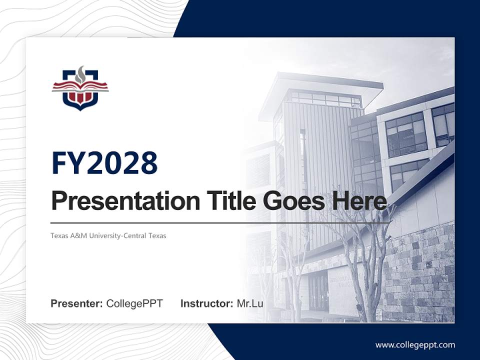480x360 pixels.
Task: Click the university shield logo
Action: point(80,89)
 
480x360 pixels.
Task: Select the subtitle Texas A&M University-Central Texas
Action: point(108,235)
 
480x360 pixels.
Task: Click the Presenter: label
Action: point(77,303)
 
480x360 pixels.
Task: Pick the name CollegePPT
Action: point(134,303)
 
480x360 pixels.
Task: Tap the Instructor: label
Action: point(206,303)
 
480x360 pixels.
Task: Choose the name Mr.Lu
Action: point(250,303)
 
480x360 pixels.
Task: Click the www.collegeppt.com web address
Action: point(415,344)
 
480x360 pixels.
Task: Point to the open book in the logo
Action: point(80,88)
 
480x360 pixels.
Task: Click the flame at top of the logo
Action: point(80,73)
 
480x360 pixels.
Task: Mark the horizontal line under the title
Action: point(220,222)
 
